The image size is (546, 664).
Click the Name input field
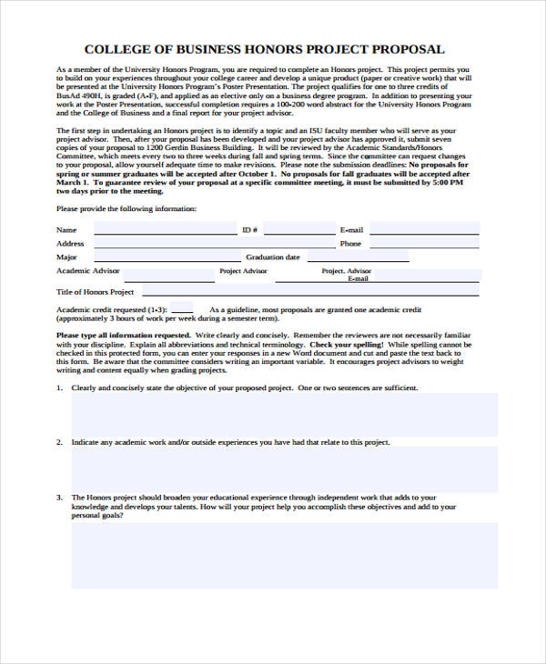point(164,230)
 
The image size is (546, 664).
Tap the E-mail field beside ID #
point(423,230)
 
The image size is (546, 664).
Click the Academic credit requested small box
point(181,307)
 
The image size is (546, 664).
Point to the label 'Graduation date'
point(273,257)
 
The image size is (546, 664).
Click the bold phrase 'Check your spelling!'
point(347,346)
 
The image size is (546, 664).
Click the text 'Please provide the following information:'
point(126,209)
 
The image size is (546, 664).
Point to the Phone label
point(350,244)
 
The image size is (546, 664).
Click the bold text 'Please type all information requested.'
point(117,337)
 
